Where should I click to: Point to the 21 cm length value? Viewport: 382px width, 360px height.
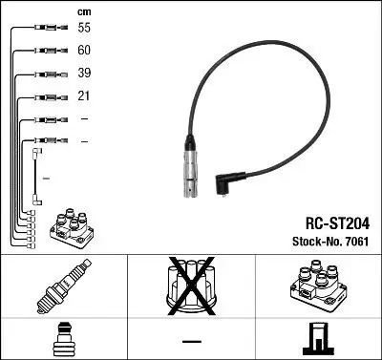pyautogui.click(x=83, y=95)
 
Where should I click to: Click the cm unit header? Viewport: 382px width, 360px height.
pyautogui.click(x=82, y=11)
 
